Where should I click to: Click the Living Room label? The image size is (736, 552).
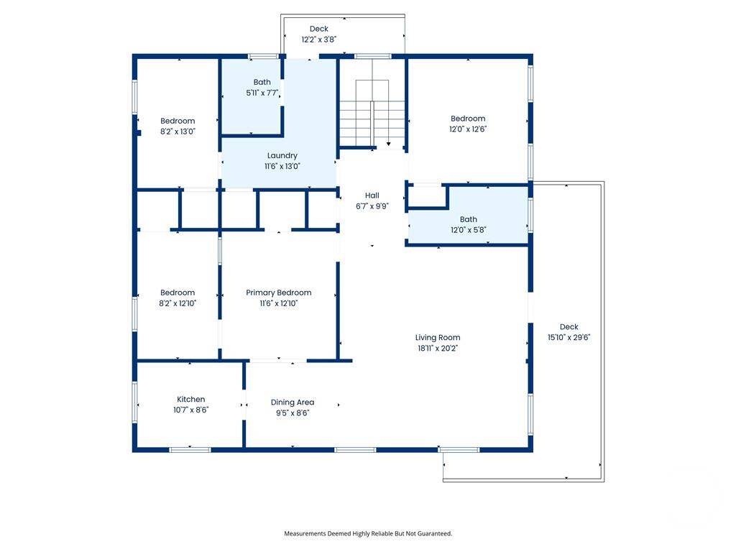[437, 337]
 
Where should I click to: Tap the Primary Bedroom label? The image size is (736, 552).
[278, 293]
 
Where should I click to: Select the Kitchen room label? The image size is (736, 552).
[190, 399]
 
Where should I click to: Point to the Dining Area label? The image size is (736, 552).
[292, 402]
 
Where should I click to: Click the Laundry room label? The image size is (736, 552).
[282, 155]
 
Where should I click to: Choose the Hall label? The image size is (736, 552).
[372, 195]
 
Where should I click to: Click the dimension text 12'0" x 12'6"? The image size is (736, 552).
[468, 129]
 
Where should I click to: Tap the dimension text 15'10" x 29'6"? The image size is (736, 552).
[569, 337]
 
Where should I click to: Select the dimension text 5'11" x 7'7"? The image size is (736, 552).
[262, 93]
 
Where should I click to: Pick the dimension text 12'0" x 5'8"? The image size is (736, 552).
[468, 230]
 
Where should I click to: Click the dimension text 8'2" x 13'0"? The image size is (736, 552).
[178, 132]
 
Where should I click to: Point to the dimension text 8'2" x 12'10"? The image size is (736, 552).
[178, 303]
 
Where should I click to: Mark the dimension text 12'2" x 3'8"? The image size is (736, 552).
[318, 40]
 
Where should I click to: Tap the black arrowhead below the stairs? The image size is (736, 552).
[389, 144]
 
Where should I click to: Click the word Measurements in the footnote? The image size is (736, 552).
[305, 533]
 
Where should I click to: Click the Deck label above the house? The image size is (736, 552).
[318, 29]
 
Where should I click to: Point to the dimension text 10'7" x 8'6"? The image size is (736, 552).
[190, 410]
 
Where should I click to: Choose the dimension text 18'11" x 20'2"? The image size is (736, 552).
[437, 348]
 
